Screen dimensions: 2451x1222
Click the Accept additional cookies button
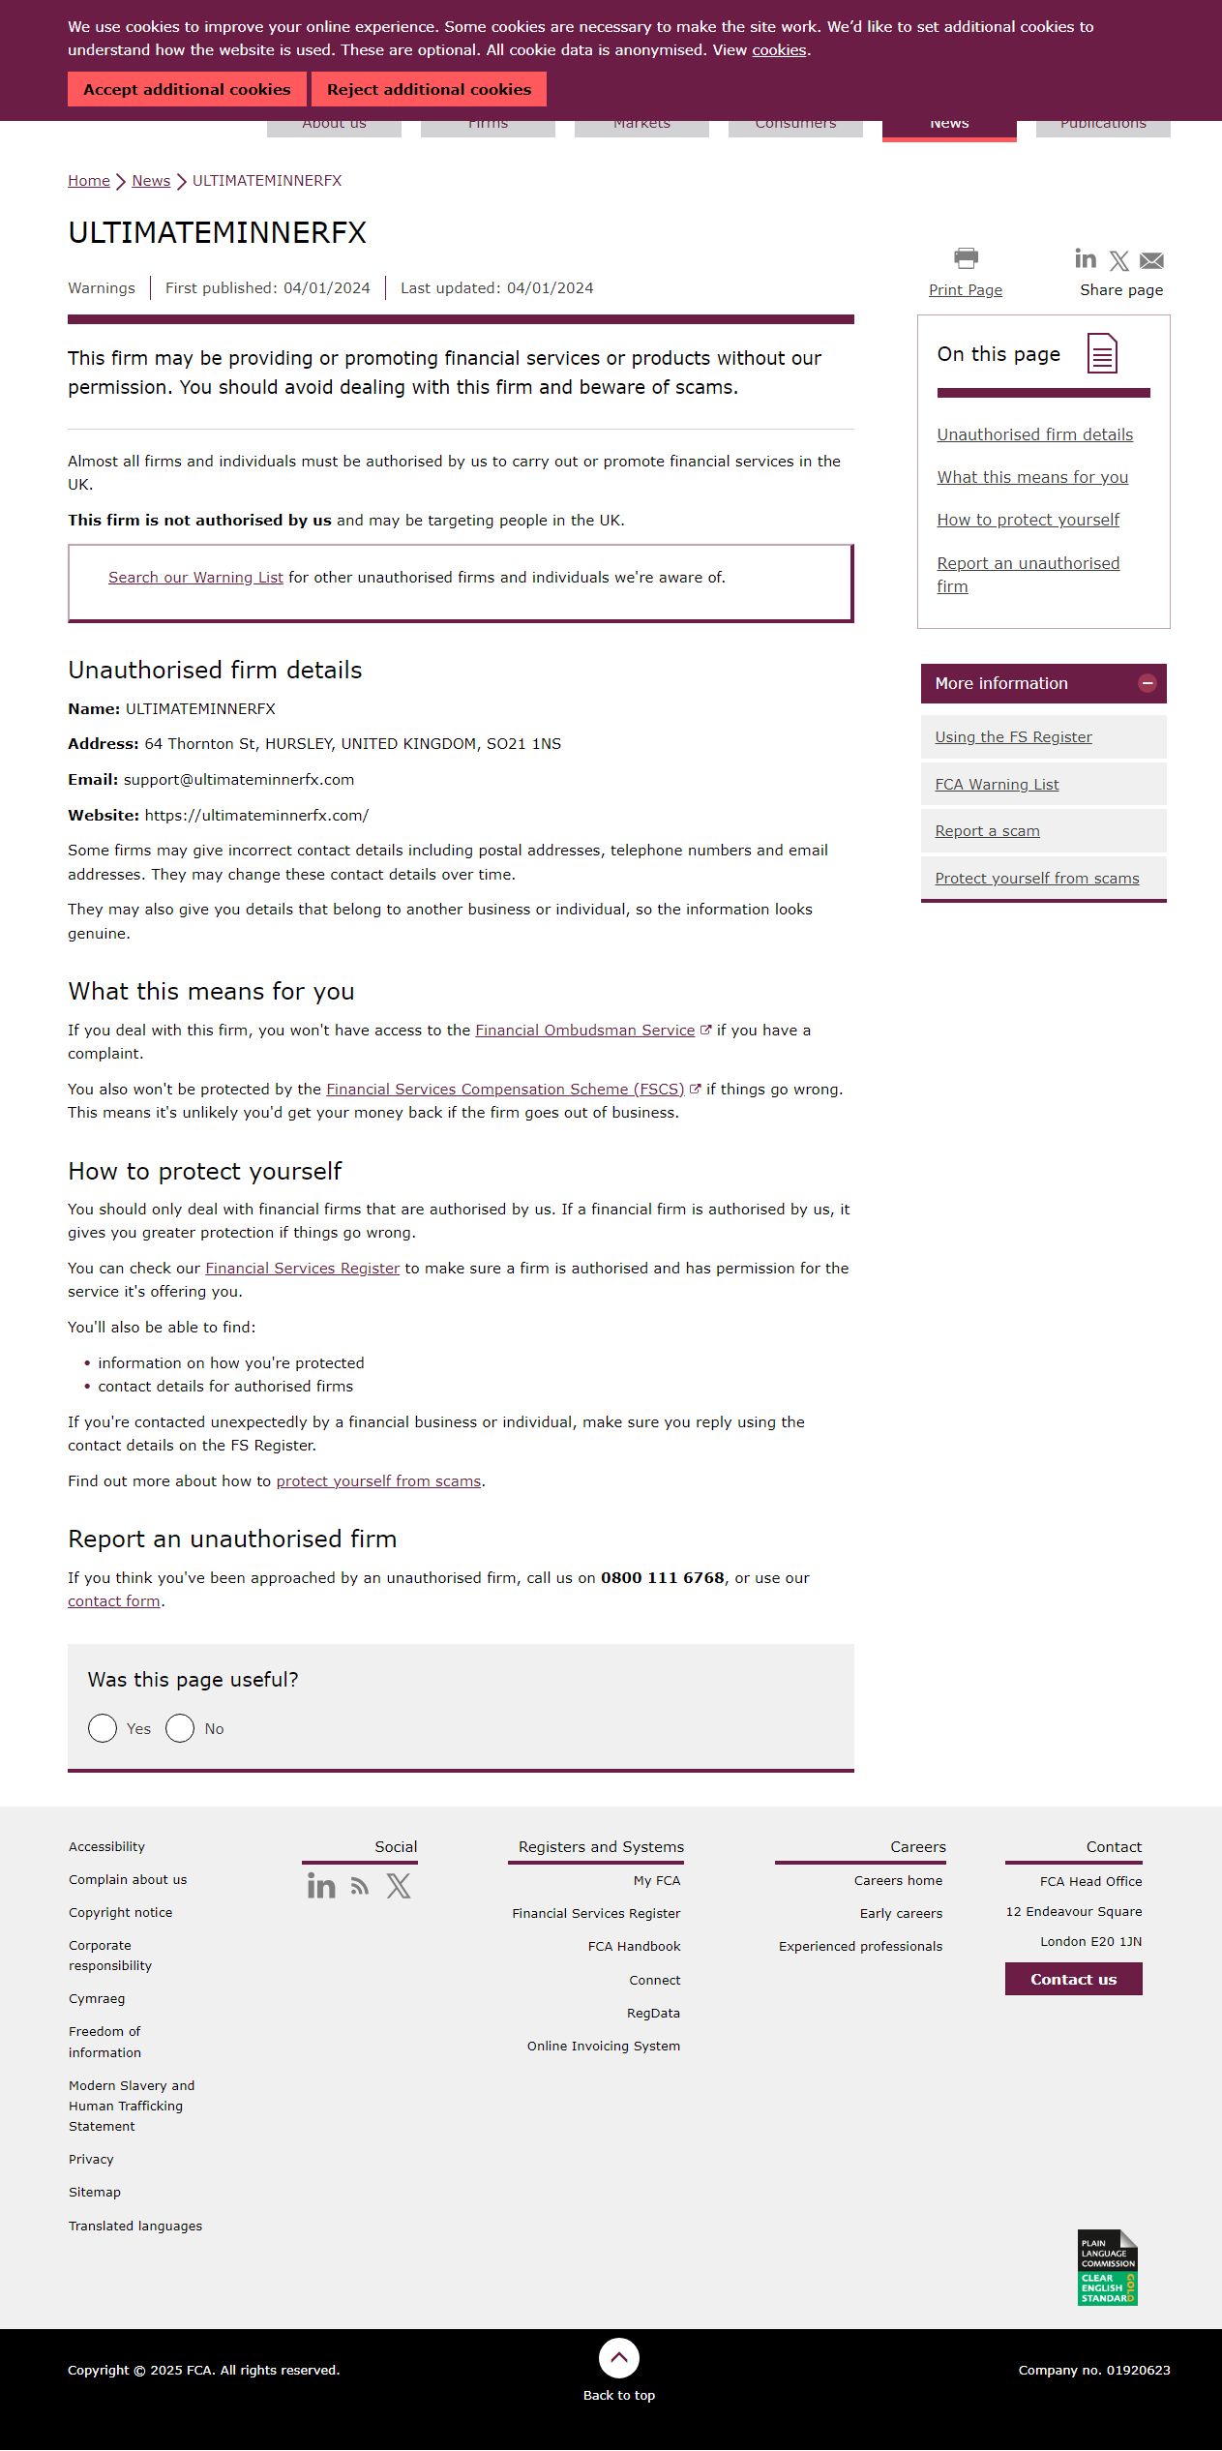pyautogui.click(x=187, y=89)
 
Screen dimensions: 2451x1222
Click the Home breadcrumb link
pyautogui.click(x=89, y=181)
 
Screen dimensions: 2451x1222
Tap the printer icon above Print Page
pyautogui.click(x=966, y=258)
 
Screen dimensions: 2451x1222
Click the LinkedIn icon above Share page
pyautogui.click(x=1086, y=258)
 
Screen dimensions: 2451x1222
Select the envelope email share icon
pyautogui.click(x=1151, y=260)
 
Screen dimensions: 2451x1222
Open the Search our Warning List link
pyautogui.click(x=195, y=578)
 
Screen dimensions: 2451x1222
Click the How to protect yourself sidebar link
pyautogui.click(x=1028, y=521)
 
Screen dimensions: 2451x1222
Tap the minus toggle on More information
pyautogui.click(x=1147, y=683)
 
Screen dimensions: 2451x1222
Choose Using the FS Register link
pyautogui.click(x=1013, y=737)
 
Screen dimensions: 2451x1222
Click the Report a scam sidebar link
pyautogui.click(x=987, y=831)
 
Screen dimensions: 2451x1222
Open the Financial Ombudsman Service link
pyautogui.click(x=584, y=1031)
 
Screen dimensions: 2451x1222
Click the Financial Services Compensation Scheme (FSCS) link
pyautogui.click(x=505, y=1090)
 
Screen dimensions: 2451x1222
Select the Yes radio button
pyautogui.click(x=103, y=1728)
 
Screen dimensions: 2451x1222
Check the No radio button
pyautogui.click(x=180, y=1728)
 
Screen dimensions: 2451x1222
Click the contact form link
pyautogui.click(x=114, y=1601)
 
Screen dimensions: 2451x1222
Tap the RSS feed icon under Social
pyautogui.click(x=360, y=1886)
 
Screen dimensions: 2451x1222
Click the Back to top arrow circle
pyautogui.click(x=619, y=2358)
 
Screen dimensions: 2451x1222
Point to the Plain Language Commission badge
pyautogui.click(x=1107, y=2267)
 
